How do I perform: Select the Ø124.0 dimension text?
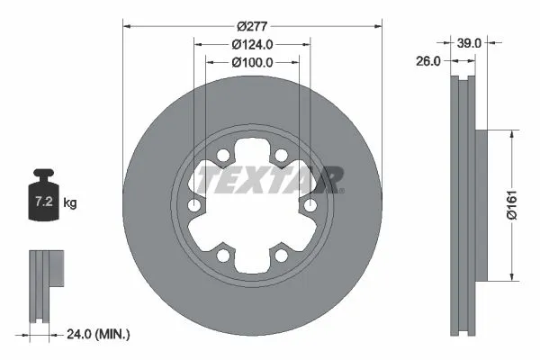click(252, 44)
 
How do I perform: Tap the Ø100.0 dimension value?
click(252, 62)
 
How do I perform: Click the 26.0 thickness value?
click(428, 61)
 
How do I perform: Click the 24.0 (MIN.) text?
click(99, 333)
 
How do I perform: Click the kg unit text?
click(70, 203)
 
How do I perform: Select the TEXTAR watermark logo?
click(270, 180)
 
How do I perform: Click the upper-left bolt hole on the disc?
click(223, 157)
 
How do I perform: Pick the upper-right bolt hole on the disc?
click(281, 157)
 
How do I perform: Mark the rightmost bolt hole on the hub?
click(310, 207)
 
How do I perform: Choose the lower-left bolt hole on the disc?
click(223, 256)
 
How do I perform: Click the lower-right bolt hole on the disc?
click(281, 256)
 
